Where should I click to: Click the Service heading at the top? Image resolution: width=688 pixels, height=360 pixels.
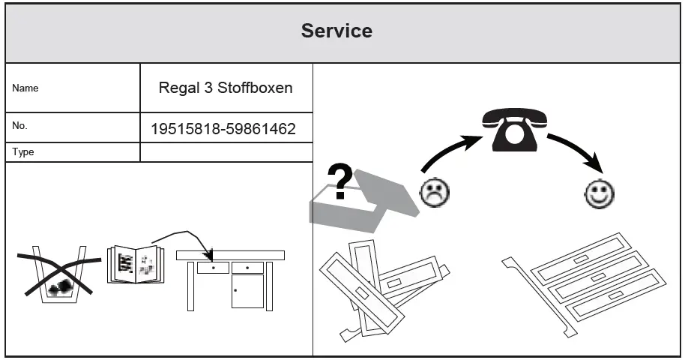337,31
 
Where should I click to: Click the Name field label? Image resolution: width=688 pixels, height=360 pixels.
25,88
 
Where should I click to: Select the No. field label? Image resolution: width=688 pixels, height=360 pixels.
20,126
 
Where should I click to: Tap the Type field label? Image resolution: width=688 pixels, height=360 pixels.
23,152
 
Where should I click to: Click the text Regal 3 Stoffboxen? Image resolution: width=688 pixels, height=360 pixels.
225,88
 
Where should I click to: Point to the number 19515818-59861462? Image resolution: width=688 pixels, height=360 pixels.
223,129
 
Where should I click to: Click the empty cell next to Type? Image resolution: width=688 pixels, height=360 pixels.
225,152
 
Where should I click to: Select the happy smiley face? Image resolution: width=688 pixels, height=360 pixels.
600,195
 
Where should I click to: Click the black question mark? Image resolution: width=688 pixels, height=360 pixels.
342,183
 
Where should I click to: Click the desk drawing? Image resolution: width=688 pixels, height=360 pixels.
230,277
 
